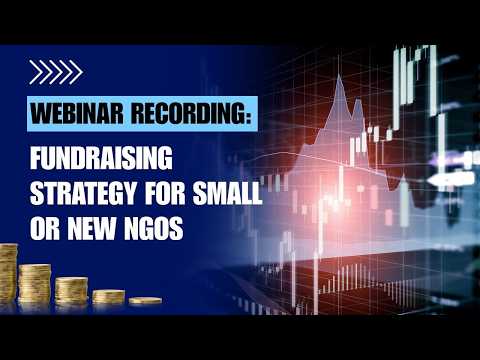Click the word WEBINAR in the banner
77,113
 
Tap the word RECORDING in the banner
188,113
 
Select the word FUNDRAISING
101,158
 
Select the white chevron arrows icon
56,72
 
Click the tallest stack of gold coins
8,273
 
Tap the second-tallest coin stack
35,283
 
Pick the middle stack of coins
71,290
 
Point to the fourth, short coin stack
109,297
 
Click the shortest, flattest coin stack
145,301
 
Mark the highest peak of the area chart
339,76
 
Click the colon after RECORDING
248,116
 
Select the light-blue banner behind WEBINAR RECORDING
142,114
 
